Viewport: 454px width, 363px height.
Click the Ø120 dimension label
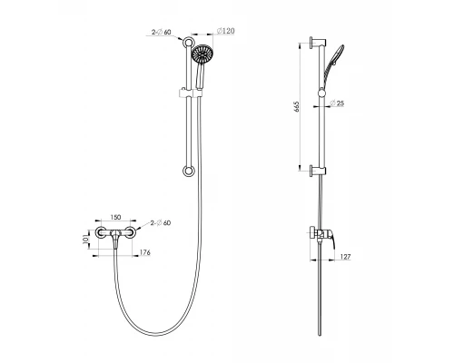(x=226, y=31)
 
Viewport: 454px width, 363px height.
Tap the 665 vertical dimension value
(x=296, y=107)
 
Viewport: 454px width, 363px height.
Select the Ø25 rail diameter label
(x=337, y=103)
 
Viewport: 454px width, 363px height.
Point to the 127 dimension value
(x=346, y=257)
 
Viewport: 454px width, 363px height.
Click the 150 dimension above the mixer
(x=115, y=217)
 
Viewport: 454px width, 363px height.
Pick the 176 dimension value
(x=144, y=252)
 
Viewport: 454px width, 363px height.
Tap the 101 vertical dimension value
(x=84, y=240)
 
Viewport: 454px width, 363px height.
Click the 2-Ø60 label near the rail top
(x=162, y=32)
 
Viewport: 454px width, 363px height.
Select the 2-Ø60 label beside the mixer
(x=161, y=223)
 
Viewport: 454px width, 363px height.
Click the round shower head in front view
(x=202, y=54)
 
